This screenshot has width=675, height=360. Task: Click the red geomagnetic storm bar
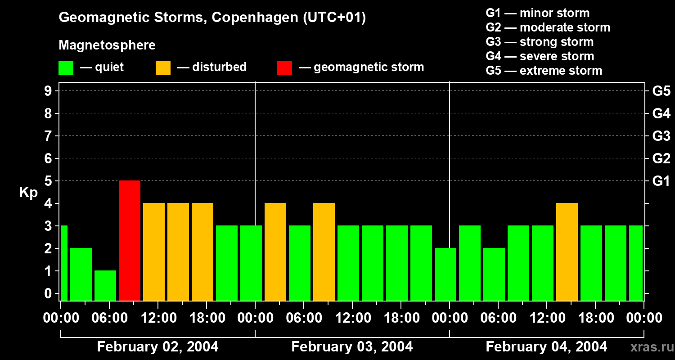pyautogui.click(x=130, y=240)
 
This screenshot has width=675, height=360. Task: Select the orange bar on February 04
pyautogui.click(x=567, y=252)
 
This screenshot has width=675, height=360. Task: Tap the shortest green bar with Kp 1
pyautogui.click(x=105, y=285)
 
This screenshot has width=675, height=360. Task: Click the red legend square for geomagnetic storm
pyautogui.click(x=284, y=67)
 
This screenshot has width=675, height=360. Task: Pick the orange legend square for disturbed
pyautogui.click(x=163, y=67)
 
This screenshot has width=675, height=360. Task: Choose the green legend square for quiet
pyautogui.click(x=66, y=67)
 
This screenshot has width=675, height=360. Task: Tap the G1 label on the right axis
pyautogui.click(x=661, y=181)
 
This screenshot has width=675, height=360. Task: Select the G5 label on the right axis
pyautogui.click(x=661, y=91)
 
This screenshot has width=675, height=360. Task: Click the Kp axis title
pyautogui.click(x=28, y=193)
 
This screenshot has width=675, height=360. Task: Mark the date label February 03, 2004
pyautogui.click(x=352, y=347)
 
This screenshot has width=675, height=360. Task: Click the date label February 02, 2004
pyautogui.click(x=157, y=347)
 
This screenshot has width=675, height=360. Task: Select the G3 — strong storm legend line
pyautogui.click(x=540, y=42)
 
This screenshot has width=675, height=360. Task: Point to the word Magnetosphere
pyautogui.click(x=107, y=45)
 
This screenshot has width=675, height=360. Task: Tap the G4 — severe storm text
pyautogui.click(x=540, y=56)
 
